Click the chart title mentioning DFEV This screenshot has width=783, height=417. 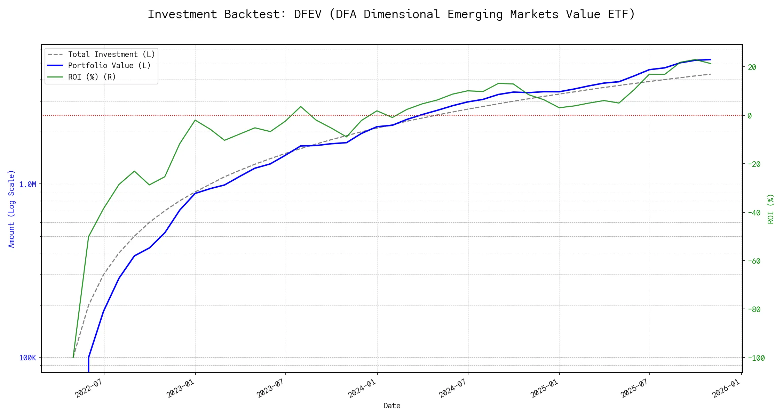391,15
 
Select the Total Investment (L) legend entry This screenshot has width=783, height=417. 111,55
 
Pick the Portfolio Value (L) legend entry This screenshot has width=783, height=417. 109,66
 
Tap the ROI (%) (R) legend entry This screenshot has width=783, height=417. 92,77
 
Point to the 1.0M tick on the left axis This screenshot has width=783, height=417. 27,185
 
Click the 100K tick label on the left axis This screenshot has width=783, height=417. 27,358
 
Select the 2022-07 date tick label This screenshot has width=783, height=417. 88,388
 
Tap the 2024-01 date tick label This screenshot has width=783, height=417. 362,388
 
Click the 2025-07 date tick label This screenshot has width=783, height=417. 634,388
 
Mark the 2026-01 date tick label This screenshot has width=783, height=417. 726,388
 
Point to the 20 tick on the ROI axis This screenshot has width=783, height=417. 752,67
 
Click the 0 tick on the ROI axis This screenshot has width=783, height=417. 750,116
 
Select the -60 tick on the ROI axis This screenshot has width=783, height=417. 754,261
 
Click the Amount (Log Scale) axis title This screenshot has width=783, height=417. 12,208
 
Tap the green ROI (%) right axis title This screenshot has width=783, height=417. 771,208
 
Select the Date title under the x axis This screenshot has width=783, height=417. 392,406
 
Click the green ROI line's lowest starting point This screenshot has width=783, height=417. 73,357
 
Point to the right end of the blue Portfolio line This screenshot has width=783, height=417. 711,60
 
